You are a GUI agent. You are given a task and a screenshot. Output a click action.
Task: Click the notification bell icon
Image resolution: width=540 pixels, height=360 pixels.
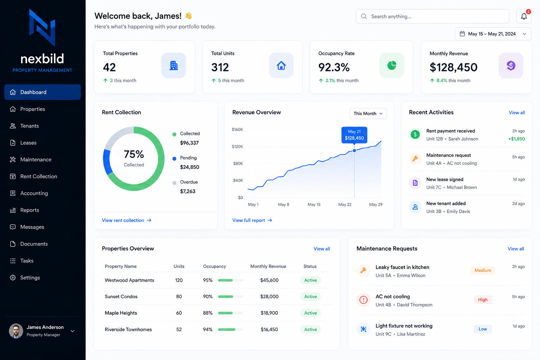(x=523, y=17)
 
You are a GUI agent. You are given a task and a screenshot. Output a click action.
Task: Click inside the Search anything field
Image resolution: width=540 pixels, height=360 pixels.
(x=432, y=17)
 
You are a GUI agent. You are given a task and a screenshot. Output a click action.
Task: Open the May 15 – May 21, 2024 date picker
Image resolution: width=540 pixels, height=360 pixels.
(x=493, y=34)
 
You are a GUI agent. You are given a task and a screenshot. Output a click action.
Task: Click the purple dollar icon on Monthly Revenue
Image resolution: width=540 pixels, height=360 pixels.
(x=510, y=65)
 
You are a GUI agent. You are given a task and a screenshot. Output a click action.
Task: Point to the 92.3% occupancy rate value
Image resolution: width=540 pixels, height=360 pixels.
(x=334, y=67)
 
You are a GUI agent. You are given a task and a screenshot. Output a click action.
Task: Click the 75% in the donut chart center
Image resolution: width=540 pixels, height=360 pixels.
(x=134, y=154)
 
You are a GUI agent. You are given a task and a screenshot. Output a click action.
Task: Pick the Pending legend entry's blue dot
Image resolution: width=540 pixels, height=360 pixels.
(x=174, y=159)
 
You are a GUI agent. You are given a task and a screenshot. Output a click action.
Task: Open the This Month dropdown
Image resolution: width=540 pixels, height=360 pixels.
(x=368, y=114)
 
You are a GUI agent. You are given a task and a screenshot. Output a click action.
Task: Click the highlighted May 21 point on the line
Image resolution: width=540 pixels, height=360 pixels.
(x=354, y=150)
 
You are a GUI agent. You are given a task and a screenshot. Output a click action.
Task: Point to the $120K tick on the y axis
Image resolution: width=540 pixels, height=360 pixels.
(x=237, y=147)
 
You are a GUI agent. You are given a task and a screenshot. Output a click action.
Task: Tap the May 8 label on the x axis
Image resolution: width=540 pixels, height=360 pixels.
(x=283, y=205)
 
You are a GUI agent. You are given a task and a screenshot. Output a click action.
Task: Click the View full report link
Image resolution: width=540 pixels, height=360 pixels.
(x=252, y=220)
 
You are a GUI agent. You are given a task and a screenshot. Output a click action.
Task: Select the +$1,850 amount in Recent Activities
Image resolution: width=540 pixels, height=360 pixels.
(x=516, y=139)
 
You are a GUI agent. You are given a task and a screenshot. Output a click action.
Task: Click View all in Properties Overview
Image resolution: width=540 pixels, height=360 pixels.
(x=322, y=249)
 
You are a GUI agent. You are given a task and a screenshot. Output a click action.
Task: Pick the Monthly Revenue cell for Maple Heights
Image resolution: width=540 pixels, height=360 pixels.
(x=269, y=313)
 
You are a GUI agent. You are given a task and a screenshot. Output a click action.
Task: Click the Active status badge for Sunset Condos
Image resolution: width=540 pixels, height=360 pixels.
(x=310, y=297)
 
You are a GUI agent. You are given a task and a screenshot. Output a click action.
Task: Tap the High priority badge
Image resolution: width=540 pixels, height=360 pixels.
(x=483, y=300)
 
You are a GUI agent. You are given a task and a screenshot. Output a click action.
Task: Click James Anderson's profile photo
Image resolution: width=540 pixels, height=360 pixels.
(x=16, y=331)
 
